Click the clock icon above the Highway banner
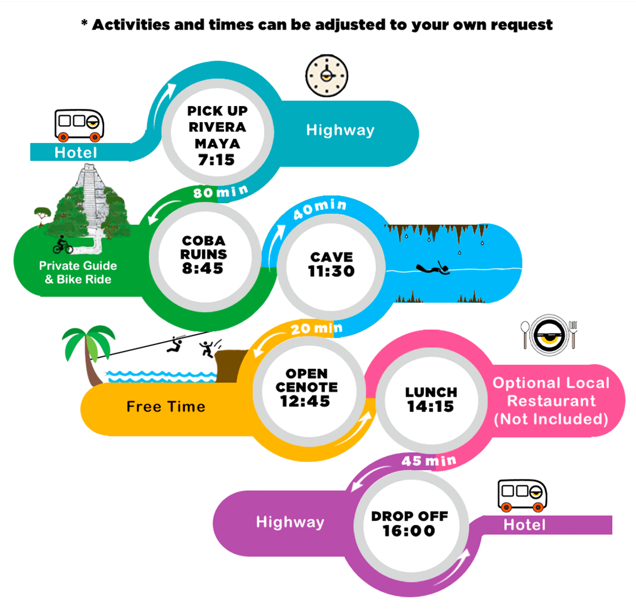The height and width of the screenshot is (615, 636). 327,75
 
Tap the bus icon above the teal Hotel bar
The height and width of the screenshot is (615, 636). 79,125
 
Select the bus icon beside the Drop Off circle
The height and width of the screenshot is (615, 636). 522,495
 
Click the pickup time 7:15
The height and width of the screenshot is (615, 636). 216,160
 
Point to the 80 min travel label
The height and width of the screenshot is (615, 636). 220,191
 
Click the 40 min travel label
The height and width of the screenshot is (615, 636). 320,208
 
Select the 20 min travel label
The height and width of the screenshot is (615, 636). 317,328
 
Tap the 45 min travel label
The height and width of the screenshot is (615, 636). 429,461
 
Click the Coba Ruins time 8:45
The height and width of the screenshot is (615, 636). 202,268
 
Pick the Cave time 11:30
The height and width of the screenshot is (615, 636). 331,271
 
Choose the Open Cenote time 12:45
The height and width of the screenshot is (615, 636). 305,401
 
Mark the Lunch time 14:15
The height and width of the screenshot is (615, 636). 430,406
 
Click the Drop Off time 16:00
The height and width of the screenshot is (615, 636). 408,530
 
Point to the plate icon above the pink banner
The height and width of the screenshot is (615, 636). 550,335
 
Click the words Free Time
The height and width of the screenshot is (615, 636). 166,406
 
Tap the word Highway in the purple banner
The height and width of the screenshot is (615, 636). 290,522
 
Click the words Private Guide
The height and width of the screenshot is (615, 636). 78,266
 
